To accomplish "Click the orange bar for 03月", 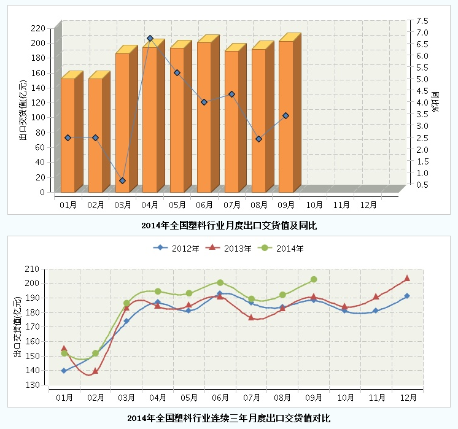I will [122, 123].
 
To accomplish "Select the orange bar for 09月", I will [285, 117].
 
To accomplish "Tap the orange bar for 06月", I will [204, 117].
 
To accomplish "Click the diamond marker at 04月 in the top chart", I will [150, 39].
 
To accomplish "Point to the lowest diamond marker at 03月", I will [123, 180].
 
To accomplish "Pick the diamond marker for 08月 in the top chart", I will [258, 139].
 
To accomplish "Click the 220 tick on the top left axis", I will [39, 28].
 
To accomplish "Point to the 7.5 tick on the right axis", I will [422, 20].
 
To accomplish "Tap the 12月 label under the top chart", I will [368, 204].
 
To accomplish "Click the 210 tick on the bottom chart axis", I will [33, 268].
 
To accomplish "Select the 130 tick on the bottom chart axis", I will [33, 385].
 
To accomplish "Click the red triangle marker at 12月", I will [406, 279].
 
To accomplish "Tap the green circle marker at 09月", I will [313, 279].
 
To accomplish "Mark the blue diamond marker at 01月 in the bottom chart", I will [64, 371].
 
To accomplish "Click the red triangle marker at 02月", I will [95, 371].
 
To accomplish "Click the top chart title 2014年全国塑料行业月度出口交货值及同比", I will [229, 225].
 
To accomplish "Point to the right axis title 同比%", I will [437, 102].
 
